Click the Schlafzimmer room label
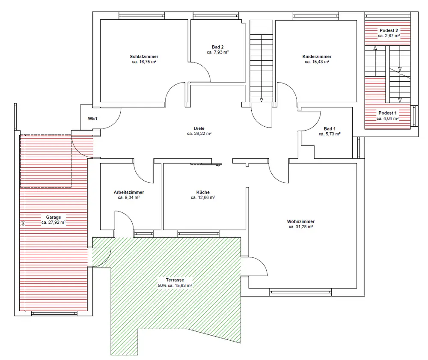coord(144,57)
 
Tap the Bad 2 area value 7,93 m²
coord(217,52)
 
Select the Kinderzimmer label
coord(317,57)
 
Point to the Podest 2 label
coord(389,30)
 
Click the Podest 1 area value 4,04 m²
coord(388,119)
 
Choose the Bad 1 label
coord(330,128)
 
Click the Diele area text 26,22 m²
coord(199,134)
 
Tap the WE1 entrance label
coord(92,119)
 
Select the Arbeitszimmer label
coord(128,192)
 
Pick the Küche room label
coord(203,192)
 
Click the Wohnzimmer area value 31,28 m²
coord(300,226)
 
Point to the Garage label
coord(53,217)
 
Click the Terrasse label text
coord(175,280)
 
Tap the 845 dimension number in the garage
coord(23,223)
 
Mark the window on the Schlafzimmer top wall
coord(142,16)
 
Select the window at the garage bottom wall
coord(54,314)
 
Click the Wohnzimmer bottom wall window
coord(300,293)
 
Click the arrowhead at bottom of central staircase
coord(261,100)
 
